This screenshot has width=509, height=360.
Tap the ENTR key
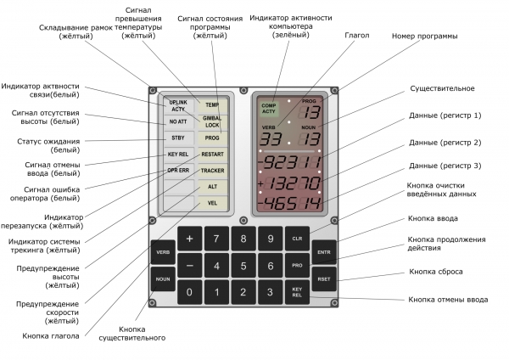(x=324, y=252)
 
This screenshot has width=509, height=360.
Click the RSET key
(x=324, y=279)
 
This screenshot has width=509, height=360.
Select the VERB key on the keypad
(x=163, y=252)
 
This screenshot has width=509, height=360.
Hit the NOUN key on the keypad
(x=163, y=279)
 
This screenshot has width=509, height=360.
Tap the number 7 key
(x=216, y=239)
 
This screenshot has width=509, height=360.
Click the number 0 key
(x=189, y=292)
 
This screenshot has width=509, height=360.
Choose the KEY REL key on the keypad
(x=297, y=292)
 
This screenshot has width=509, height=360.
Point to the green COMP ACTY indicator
(x=269, y=109)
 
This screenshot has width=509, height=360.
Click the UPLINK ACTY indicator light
(x=178, y=106)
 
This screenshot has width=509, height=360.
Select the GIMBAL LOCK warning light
(x=212, y=122)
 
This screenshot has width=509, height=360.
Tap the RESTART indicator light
(x=212, y=155)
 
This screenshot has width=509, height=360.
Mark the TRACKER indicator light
(x=212, y=171)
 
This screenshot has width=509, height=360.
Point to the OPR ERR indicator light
(x=178, y=171)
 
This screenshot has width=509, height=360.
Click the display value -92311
(x=289, y=162)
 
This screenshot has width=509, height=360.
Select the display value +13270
(x=289, y=183)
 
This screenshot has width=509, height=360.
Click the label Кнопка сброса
(x=436, y=272)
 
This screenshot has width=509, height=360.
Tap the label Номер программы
(x=425, y=36)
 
